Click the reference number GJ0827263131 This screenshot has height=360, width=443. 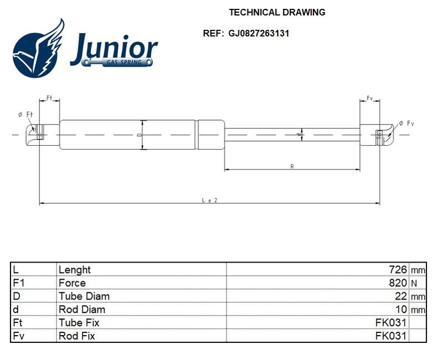(x=259, y=33)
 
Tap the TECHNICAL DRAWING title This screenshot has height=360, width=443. (x=277, y=12)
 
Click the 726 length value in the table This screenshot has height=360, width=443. (x=398, y=270)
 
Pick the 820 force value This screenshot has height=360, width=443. (x=398, y=282)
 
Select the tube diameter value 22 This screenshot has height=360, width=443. (x=401, y=296)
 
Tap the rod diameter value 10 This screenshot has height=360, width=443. (x=401, y=310)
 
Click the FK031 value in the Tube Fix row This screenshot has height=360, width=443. (x=391, y=322)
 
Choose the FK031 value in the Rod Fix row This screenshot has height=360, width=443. (x=391, y=336)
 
